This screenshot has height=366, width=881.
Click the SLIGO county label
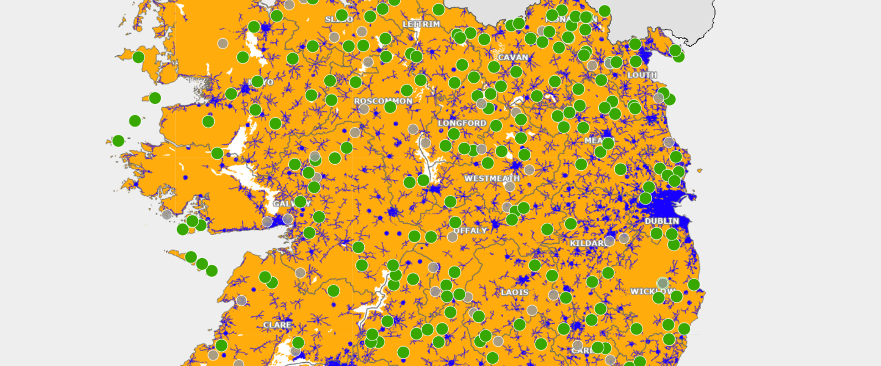[x=339, y=19]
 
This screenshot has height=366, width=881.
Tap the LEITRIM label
[x=421, y=24]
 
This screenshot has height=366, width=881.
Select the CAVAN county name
[x=513, y=57]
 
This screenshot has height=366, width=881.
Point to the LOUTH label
[x=642, y=75]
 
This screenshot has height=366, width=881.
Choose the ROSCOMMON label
[x=383, y=101]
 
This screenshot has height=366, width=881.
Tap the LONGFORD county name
[x=462, y=123]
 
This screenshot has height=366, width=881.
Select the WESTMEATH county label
[x=492, y=179]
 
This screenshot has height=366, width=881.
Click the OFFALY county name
[x=470, y=230]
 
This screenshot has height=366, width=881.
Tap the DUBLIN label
[x=661, y=221]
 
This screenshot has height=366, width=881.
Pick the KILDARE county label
[x=589, y=243]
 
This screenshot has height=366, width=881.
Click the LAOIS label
[x=514, y=292]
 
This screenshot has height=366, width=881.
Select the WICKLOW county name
[x=652, y=291]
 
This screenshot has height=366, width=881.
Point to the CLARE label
[x=277, y=325]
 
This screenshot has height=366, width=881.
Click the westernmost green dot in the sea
[x=118, y=141]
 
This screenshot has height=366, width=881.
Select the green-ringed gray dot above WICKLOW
[x=662, y=283]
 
